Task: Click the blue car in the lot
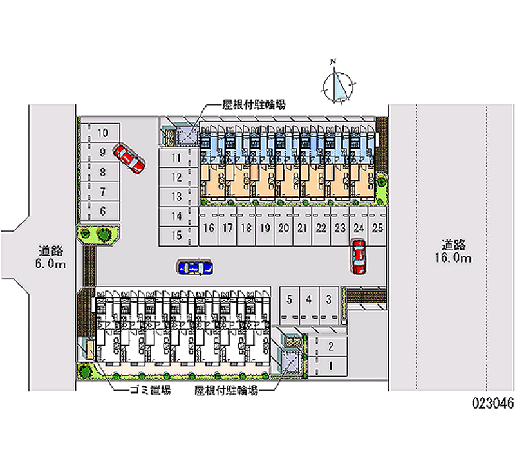(195, 267)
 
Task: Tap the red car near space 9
(129, 158)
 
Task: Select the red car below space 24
(359, 256)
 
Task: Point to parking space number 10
(102, 133)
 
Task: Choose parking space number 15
(176, 236)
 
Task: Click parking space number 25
(378, 228)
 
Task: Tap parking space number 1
(330, 366)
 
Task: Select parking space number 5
(290, 299)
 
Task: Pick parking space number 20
(283, 228)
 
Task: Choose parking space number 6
(102, 211)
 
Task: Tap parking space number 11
(176, 156)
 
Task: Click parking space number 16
(209, 228)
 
